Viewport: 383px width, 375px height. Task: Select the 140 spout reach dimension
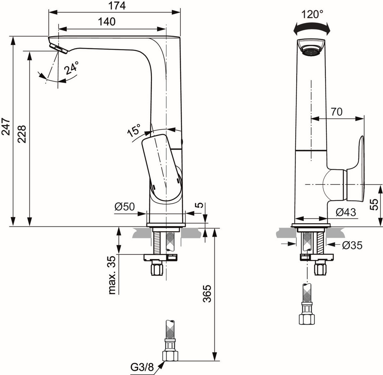pos(107,22)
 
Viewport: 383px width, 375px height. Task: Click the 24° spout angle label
pos(71,68)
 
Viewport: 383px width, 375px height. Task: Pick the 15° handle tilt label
pos(134,131)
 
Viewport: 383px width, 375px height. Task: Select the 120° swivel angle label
pos(312,14)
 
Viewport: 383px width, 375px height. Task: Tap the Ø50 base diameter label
pos(124,207)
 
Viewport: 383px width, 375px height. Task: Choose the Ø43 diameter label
pos(346,212)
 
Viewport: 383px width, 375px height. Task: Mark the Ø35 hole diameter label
pos(352,245)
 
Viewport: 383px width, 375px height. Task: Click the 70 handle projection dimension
pos(336,111)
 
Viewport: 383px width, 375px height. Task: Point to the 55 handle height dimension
pos(374,204)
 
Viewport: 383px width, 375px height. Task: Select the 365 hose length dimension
pos(206,294)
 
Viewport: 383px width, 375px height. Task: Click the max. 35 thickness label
pos(112,275)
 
